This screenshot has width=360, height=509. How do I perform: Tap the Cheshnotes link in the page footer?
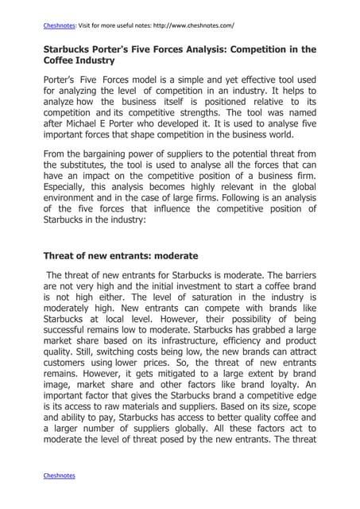click(x=59, y=475)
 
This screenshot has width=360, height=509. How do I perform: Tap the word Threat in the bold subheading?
click(x=60, y=257)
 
